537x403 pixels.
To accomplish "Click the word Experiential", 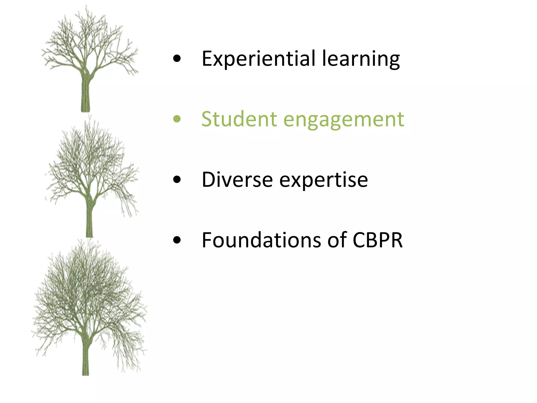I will tap(258, 59).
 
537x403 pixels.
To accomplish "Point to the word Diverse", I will tap(237, 180).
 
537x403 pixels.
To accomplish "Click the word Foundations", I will tap(261, 240).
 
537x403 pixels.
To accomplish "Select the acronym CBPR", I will tap(378, 240).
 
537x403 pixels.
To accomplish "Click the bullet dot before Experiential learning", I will tap(177, 59).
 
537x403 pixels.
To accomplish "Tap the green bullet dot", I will tap(177, 119).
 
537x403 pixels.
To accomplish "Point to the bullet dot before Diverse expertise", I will tap(177, 180).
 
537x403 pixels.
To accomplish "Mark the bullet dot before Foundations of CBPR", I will tap(177, 240).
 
